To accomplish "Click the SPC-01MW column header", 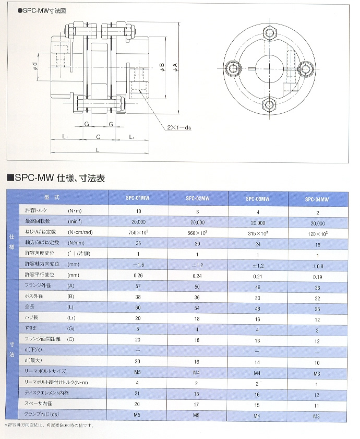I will tap(138, 198).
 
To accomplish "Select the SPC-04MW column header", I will tap(316, 199).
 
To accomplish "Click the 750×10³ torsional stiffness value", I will tap(138, 231).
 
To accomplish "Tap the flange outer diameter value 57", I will tap(138, 287).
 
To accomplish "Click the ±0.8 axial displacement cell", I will tap(316, 265).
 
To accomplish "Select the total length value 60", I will tap(138, 308).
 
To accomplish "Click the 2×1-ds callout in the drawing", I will tap(179, 127).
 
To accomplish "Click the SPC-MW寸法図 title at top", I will tap(41, 10).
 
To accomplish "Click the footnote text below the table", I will tap(50, 425).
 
